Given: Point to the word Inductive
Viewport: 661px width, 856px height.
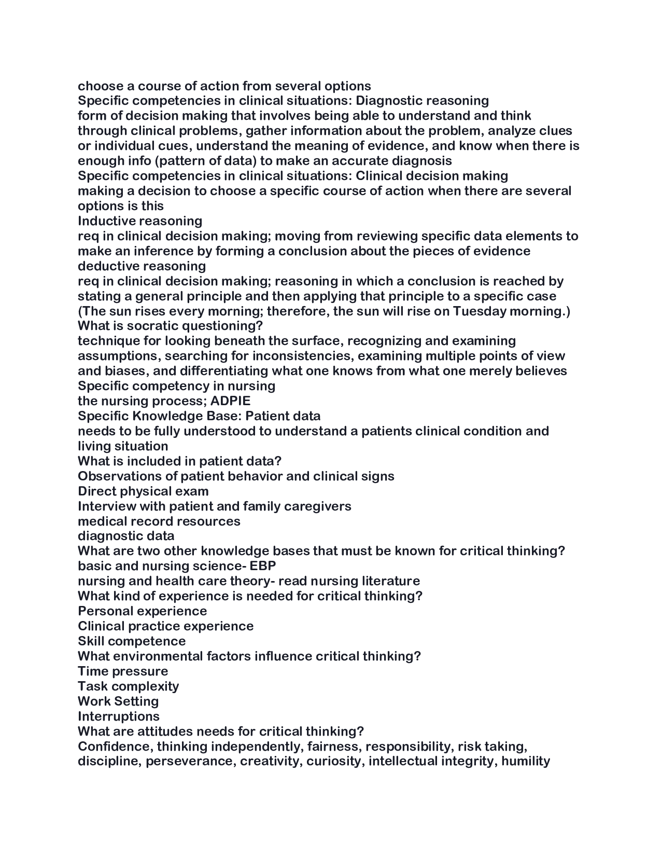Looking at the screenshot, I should (106, 221).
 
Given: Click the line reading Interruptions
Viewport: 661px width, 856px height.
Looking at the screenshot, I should (119, 716).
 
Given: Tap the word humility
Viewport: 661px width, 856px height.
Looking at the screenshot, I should (525, 762).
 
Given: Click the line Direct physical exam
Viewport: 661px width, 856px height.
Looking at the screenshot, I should (143, 491).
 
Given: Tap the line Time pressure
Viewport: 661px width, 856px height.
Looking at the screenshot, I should (123, 671).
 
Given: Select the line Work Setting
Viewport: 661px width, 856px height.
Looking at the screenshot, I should (118, 701).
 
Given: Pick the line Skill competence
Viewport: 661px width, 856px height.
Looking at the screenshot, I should (132, 641).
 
